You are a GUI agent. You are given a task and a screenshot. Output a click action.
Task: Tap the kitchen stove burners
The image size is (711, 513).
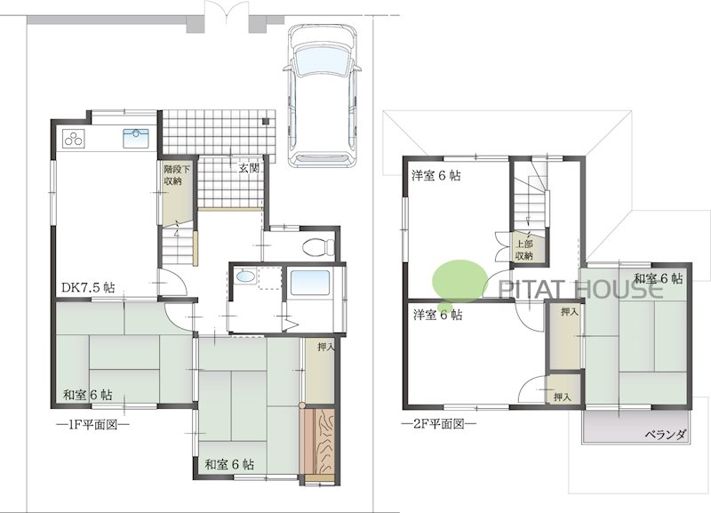(x=75, y=139)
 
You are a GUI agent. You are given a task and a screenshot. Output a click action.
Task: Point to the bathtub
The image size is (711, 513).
(x=310, y=287)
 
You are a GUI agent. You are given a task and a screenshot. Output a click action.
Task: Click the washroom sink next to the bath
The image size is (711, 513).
(x=245, y=277)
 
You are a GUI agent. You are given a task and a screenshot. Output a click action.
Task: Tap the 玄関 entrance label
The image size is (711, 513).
(x=249, y=167)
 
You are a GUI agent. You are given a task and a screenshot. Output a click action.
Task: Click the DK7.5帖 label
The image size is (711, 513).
(x=88, y=288)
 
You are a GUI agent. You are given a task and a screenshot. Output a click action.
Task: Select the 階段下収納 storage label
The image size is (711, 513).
(x=172, y=174)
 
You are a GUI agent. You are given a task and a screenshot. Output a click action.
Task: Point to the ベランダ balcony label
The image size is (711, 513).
(x=665, y=435)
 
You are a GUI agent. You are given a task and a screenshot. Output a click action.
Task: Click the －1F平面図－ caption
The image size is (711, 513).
(x=92, y=424)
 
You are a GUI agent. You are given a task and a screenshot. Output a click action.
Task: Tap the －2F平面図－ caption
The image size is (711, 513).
(x=438, y=424)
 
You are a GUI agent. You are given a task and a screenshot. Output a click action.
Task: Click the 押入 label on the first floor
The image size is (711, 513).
(x=325, y=348)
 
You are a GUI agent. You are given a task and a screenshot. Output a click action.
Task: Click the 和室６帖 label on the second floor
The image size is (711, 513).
(x=658, y=278)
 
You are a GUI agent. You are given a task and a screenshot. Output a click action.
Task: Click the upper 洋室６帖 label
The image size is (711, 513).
(x=435, y=175)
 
